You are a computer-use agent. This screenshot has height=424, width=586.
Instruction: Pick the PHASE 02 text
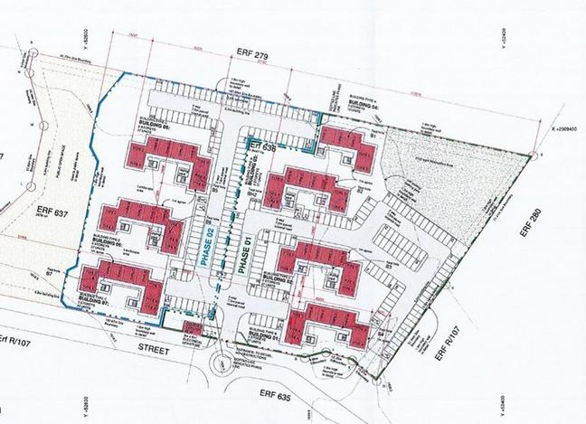pos(205,243)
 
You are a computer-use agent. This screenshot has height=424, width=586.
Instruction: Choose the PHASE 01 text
pos(241,252)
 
